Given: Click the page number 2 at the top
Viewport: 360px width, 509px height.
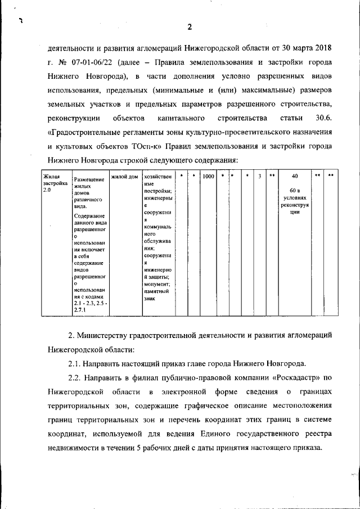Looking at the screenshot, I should [190, 26].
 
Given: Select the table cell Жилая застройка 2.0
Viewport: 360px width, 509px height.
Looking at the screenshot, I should [55, 184].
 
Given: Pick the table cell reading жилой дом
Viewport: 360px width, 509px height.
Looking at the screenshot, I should [124, 177].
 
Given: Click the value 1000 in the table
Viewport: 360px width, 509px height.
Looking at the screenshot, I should [208, 177].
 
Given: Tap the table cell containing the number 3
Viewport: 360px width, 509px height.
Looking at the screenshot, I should [259, 177].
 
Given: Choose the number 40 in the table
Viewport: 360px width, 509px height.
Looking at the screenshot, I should [295, 177].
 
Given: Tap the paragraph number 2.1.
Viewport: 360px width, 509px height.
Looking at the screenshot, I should [76, 364].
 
